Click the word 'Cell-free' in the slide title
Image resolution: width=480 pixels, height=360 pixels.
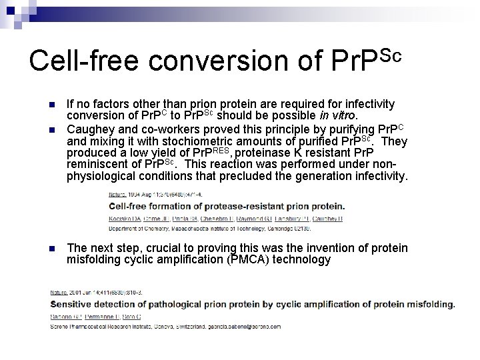tap(84, 60)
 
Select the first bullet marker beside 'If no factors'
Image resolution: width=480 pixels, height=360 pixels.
tap(52, 105)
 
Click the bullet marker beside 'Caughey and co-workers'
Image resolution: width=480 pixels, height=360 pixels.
tap(52, 129)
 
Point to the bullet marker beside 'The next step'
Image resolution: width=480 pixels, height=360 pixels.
tap(52, 249)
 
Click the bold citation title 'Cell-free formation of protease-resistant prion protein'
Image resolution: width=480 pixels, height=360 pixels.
tap(226, 206)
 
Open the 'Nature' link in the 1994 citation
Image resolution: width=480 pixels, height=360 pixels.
tap(117, 194)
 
